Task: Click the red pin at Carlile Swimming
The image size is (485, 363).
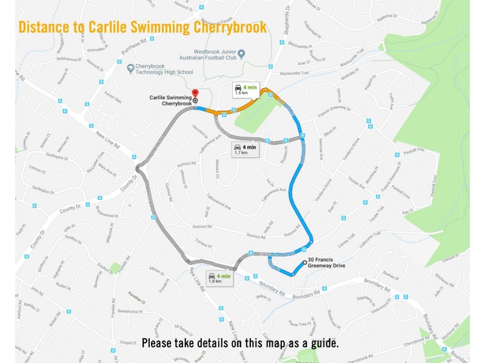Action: [195, 94]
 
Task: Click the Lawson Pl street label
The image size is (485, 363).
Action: [449, 257]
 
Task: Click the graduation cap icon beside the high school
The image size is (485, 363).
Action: [130, 68]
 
